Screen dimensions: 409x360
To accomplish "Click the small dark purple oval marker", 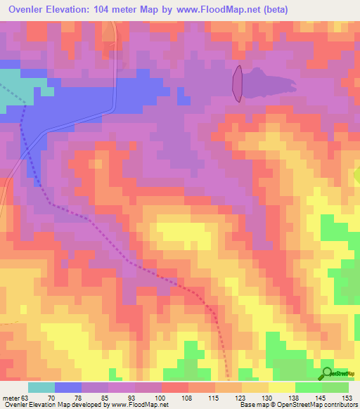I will click(x=238, y=83).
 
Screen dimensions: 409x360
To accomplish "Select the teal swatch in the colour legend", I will click(x=41, y=387).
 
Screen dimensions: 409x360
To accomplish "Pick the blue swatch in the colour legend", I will click(x=68, y=387).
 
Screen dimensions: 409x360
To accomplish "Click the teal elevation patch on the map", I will click(x=21, y=88).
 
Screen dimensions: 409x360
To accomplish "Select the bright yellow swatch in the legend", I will click(x=281, y=387).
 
